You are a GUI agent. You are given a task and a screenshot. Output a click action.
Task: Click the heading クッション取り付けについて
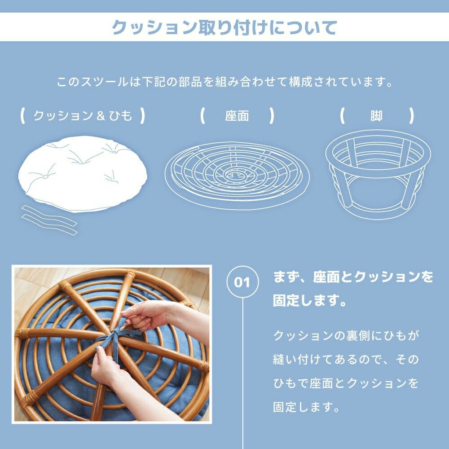tap(224, 27)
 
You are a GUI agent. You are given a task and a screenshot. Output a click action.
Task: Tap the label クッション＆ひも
tap(83, 116)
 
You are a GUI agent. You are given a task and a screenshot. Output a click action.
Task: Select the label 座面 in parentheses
tap(237, 116)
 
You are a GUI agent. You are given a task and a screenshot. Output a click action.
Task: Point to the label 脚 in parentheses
tap(376, 116)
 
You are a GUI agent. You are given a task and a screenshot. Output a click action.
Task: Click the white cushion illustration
tap(83, 174)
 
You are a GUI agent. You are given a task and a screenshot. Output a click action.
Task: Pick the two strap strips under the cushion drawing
tap(49, 220)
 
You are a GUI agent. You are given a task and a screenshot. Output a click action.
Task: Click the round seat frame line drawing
tap(237, 175)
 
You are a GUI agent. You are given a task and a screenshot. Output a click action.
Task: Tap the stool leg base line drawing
tap(378, 174)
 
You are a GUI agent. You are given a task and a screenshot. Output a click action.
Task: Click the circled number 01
tap(242, 282)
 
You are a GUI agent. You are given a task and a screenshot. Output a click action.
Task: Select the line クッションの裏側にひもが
tap(346, 335)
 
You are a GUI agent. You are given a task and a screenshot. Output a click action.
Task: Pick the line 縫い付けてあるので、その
tap(346, 359)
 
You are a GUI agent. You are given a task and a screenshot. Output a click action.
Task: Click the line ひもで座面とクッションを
tap(346, 383)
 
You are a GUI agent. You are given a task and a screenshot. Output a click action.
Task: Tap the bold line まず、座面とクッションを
tap(353, 277)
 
